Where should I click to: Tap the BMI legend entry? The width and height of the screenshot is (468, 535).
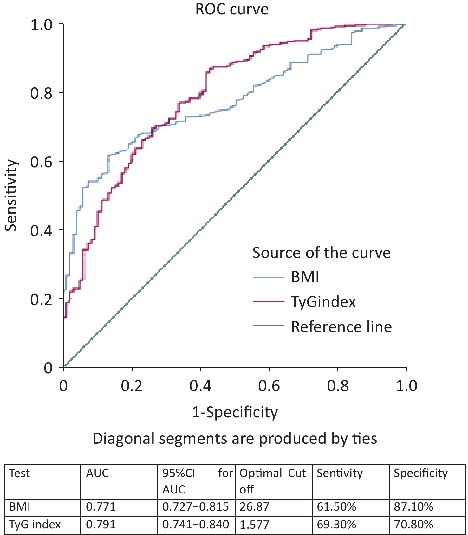(305, 277)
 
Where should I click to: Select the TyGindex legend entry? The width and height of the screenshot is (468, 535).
(323, 302)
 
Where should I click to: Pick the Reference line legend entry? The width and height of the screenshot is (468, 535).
(341, 327)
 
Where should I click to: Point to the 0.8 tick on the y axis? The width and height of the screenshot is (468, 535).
(41, 93)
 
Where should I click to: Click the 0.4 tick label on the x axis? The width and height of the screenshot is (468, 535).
(200, 386)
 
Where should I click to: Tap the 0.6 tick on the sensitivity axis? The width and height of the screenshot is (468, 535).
(41, 162)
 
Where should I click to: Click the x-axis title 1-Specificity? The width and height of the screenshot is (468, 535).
(235, 412)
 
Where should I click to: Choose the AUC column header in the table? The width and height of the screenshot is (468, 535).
(97, 473)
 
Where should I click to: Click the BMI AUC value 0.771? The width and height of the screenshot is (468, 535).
(101, 507)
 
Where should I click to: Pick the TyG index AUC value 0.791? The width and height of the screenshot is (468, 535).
(101, 525)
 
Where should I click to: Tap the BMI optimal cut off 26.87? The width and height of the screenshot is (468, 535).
(254, 507)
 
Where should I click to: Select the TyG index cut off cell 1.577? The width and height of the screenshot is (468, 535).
(254, 525)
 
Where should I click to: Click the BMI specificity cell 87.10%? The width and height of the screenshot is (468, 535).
(413, 507)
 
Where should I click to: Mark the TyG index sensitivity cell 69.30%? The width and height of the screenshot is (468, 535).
(336, 525)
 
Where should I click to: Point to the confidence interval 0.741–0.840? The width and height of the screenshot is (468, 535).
(196, 525)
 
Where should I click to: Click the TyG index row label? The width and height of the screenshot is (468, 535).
(35, 525)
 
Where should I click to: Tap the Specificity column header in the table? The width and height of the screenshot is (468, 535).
(421, 473)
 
